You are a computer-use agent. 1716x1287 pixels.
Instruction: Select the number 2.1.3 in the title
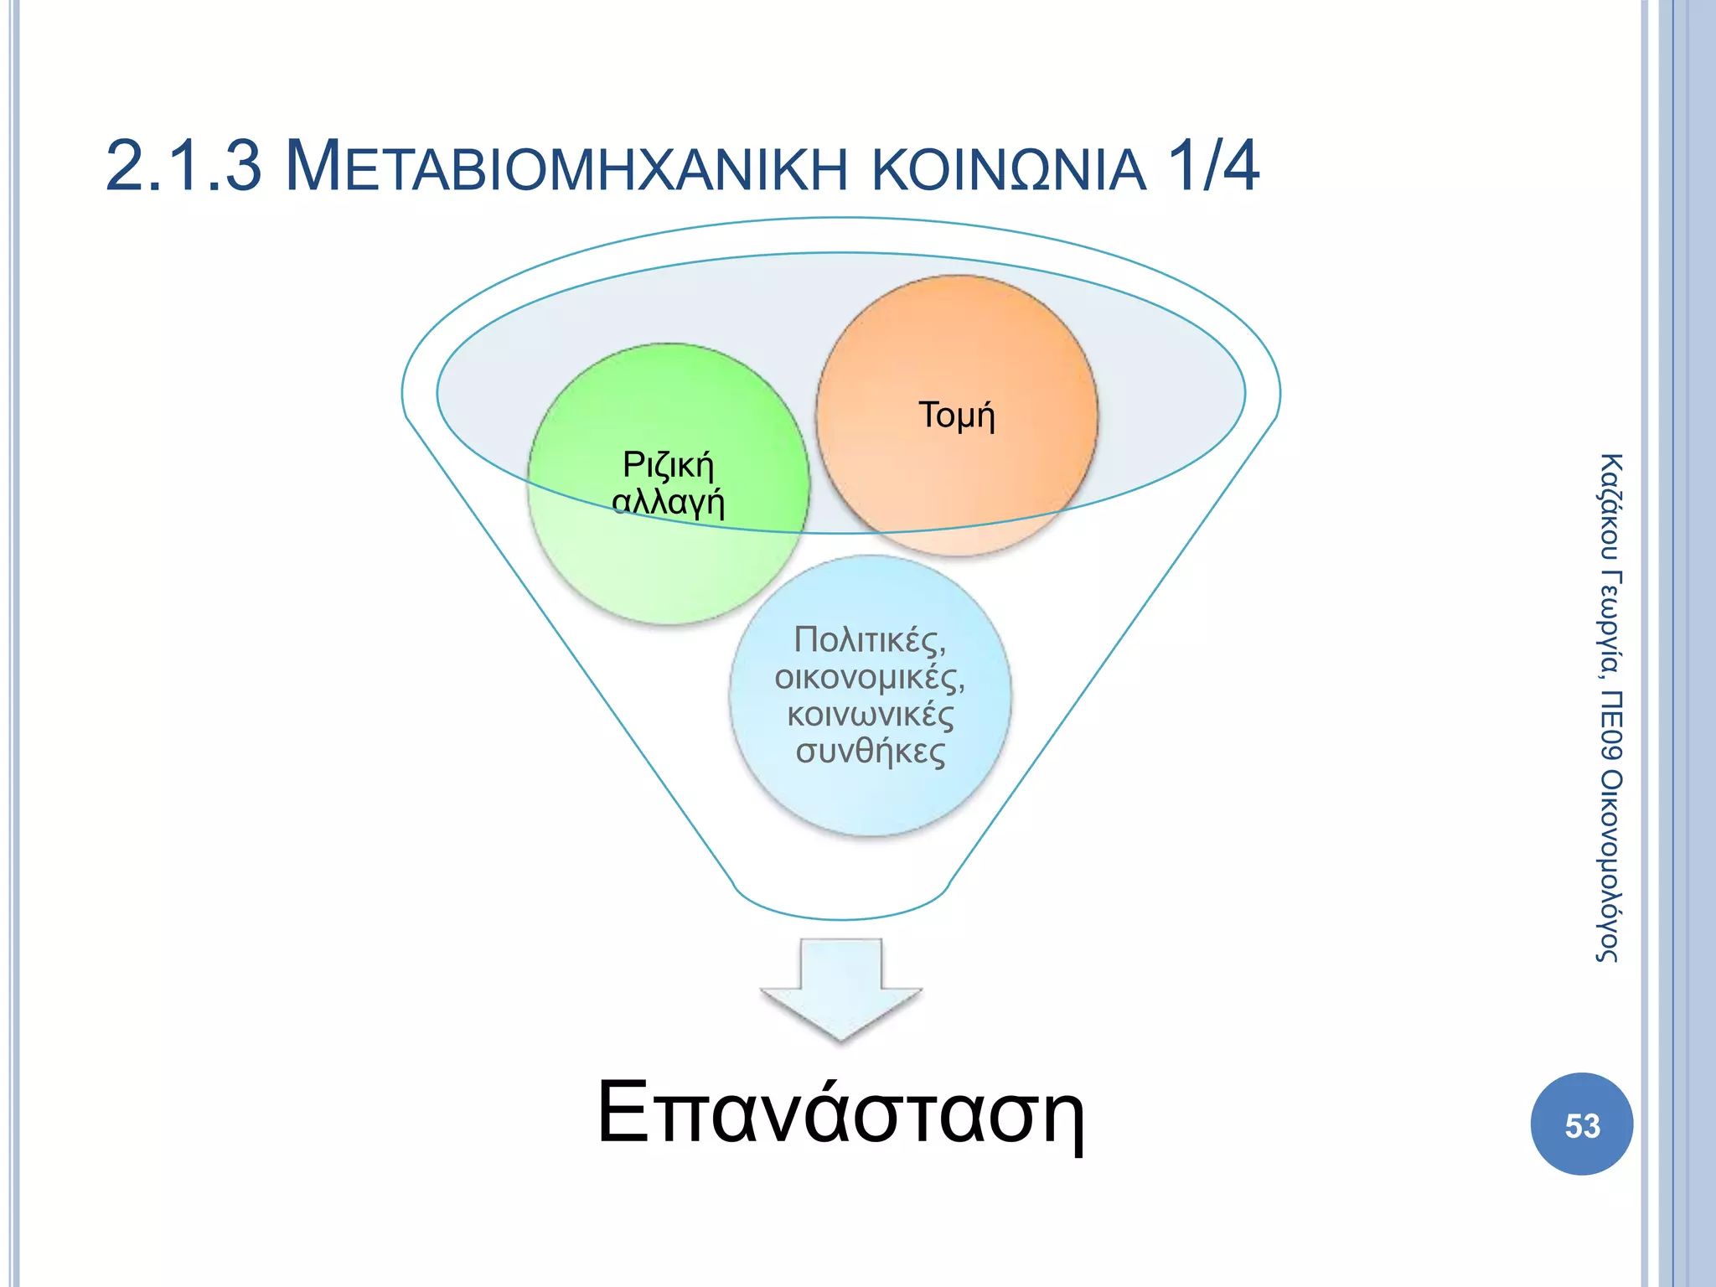pos(183,167)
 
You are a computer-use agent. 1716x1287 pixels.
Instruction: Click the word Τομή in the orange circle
pos(957,416)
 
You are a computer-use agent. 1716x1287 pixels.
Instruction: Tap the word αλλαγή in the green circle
pos(668,502)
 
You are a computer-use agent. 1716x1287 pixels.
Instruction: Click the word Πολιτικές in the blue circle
pos(870,640)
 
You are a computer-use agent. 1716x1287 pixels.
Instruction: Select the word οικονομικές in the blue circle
pos(870,677)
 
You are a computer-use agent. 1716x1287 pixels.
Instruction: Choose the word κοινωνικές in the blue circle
pos(870,715)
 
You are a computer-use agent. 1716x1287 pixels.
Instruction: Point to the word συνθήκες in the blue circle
pos(870,752)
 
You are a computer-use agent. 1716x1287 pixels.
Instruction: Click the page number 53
pos(1582,1125)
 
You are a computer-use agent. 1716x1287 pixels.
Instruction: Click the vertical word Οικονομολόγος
pos(1610,866)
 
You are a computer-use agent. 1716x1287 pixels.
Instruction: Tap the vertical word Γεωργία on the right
pos(1610,625)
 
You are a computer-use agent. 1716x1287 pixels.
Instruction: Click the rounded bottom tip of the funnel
pos(842,909)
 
